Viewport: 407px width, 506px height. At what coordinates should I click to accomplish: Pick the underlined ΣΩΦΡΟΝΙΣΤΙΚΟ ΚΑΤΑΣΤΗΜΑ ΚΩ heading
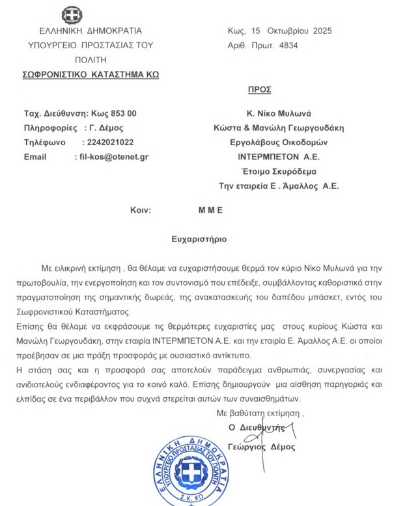coord(91,74)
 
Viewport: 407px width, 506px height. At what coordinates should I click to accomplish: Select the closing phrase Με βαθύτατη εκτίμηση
coord(260,413)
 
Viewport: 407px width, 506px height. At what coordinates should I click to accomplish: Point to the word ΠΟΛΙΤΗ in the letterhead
coord(81,59)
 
